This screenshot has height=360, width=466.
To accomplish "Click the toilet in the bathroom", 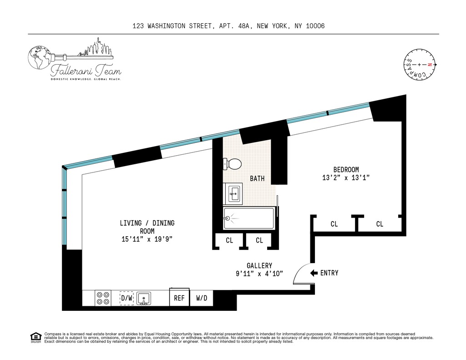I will tap(233, 164).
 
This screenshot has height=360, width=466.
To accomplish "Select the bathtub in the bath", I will tap(248, 218).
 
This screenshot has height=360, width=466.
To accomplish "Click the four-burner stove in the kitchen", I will tap(103, 298).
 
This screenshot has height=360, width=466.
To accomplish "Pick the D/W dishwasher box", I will tap(127, 298).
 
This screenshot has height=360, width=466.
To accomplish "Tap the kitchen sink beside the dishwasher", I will tap(144, 299).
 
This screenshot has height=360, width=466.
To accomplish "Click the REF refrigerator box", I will tap(179, 298).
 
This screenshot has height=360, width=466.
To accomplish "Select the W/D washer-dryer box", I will tap(202, 298).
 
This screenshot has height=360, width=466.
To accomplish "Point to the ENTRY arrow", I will tap(314, 273).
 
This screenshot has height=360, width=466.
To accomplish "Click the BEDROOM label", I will tap(346, 169).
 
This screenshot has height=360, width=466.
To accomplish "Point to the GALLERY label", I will tap(259, 265).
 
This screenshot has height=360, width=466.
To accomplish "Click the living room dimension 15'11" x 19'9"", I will tap(147, 238).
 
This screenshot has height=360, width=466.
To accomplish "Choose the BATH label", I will tap(257, 179).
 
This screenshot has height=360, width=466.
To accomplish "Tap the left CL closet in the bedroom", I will tap(334, 224).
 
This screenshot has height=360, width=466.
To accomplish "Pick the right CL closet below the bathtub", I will tap(259, 240).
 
